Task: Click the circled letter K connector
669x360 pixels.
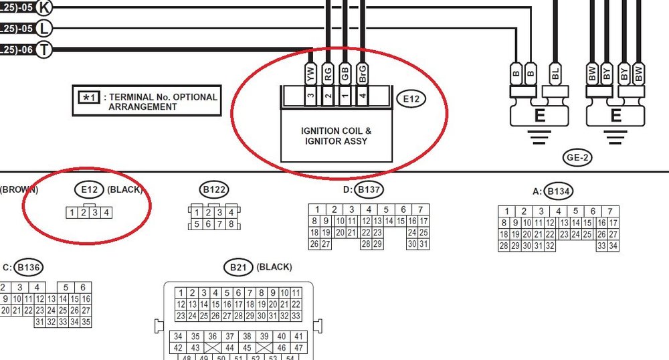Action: click(44, 7)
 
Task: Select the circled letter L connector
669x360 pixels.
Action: click(44, 29)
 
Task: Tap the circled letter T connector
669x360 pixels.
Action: click(44, 50)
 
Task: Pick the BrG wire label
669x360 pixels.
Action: click(362, 74)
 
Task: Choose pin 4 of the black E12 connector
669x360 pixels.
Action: click(106, 213)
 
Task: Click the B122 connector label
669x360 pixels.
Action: click(214, 190)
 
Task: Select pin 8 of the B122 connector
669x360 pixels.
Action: click(231, 224)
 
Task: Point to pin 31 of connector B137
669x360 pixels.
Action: click(423, 244)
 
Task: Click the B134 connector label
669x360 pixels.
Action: click(559, 192)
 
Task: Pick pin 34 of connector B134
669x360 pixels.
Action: click(613, 246)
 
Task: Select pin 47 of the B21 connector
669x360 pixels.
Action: click(298, 348)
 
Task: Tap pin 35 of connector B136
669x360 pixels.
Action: click(86, 322)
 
